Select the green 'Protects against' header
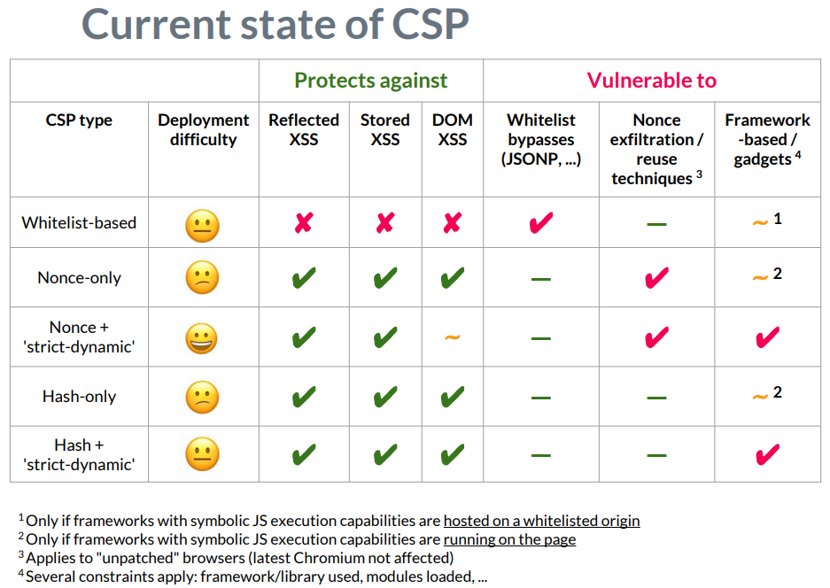click(370, 81)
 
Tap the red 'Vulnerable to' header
click(651, 81)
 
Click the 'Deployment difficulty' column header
click(203, 130)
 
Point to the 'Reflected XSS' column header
click(304, 130)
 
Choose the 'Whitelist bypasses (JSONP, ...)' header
click(540, 140)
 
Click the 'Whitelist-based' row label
click(79, 223)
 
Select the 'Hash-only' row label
click(79, 397)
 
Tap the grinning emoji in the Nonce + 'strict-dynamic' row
click(202, 338)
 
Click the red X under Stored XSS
click(384, 223)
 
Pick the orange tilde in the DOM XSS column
click(452, 338)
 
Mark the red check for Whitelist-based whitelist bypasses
click(540, 222)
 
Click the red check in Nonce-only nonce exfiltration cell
click(656, 278)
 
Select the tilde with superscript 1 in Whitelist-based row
click(759, 222)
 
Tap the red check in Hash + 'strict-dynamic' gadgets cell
click(767, 454)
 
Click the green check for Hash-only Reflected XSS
click(304, 397)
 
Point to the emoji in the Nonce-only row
click(202, 279)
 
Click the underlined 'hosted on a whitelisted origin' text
click(541, 521)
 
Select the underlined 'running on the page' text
click(509, 539)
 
